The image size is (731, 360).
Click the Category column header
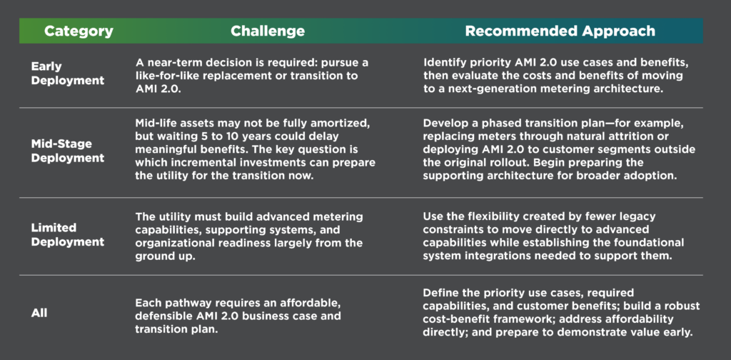pyautogui.click(x=79, y=31)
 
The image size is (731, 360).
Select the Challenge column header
pyautogui.click(x=268, y=31)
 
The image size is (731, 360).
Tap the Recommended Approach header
pyautogui.click(x=560, y=31)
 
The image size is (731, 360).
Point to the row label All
pyautogui.click(x=39, y=313)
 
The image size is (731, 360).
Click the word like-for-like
pyautogui.click(x=163, y=76)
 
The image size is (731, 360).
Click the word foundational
pyautogui.click(x=651, y=244)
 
